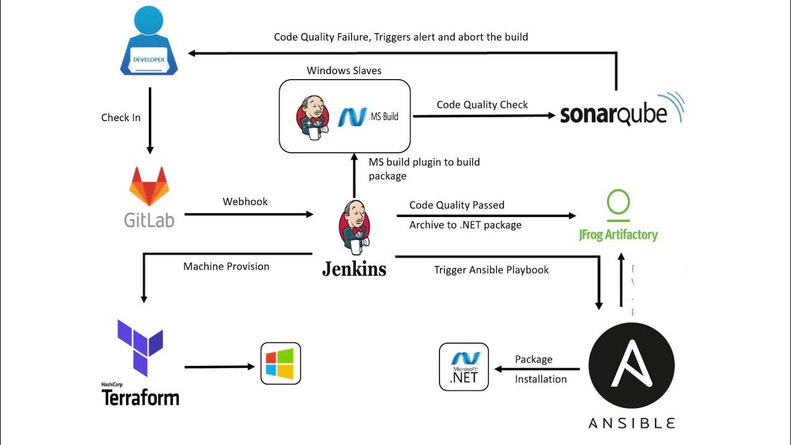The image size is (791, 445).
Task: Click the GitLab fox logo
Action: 149,187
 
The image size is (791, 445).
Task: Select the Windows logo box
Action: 281,363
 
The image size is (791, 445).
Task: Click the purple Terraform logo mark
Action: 140,347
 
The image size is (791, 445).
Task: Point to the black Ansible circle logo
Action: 631,366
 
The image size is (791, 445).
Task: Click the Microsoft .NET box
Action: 464,367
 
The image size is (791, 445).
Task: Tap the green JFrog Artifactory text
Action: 618,234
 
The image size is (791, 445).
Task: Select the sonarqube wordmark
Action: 614,114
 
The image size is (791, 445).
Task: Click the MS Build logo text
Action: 368,116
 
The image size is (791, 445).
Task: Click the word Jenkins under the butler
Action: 354,269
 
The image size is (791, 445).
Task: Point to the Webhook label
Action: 245,201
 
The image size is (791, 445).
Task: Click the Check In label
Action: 121,117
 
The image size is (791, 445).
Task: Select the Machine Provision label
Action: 226,266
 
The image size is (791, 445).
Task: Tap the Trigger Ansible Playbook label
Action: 491,269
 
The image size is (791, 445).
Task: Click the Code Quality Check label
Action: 482,104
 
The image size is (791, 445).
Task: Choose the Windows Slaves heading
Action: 344,70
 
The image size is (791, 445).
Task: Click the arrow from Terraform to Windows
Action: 219,367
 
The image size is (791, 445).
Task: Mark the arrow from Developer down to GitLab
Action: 150,121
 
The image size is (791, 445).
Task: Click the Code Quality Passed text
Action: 457,205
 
